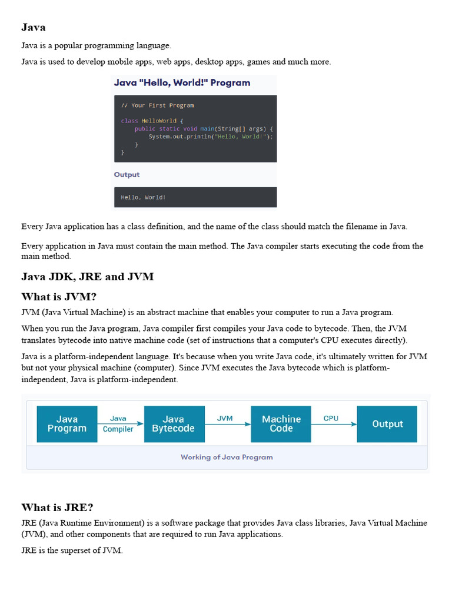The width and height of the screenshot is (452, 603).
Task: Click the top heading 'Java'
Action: (x=33, y=27)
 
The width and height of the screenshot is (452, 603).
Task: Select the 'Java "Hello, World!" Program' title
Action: (x=182, y=83)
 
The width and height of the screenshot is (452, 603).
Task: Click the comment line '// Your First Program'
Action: (x=157, y=105)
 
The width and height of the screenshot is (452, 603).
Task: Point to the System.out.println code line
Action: (x=211, y=137)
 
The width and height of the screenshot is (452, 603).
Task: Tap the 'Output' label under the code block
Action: (x=127, y=175)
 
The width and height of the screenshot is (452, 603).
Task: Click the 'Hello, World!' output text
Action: (x=143, y=197)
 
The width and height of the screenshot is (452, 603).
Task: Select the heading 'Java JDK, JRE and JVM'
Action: (x=87, y=277)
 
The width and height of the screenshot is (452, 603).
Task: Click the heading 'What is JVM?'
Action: (x=59, y=297)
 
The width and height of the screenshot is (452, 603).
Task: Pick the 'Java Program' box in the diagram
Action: (x=67, y=424)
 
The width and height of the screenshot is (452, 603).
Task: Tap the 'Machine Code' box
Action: (x=281, y=424)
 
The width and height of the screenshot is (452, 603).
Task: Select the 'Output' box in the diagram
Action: (x=387, y=424)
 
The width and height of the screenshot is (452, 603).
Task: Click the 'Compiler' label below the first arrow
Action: (x=118, y=429)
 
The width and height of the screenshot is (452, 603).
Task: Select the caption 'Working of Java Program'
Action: (x=227, y=457)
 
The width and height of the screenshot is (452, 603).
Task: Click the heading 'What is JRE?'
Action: (x=57, y=508)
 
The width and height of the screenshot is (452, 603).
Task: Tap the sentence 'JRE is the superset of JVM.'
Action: (x=72, y=551)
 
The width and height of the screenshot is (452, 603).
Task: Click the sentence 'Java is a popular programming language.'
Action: (x=96, y=45)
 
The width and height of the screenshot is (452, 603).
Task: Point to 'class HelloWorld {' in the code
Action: (x=152, y=121)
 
